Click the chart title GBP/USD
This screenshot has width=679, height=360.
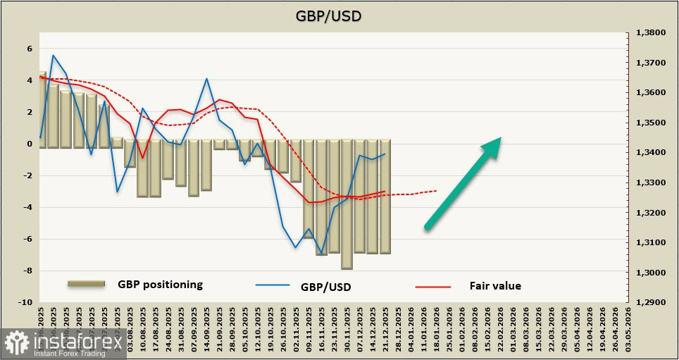[x=339, y=15]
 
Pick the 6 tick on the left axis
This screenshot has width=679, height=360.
[x=30, y=49]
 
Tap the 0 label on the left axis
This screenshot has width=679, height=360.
[x=30, y=144]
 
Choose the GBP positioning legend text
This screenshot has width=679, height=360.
[x=161, y=285]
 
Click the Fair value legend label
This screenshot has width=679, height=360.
[x=495, y=286]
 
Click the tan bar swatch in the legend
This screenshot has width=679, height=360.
[x=87, y=283]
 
